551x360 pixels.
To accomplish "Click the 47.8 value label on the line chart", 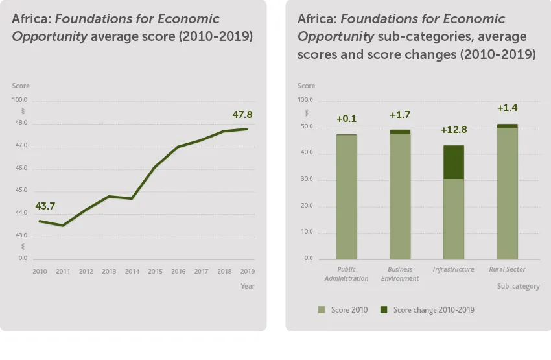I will point(242,115).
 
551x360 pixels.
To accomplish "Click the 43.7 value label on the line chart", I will point(45,206).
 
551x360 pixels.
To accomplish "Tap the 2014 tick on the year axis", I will point(132,271).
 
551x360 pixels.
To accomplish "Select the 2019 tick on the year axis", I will point(247,271).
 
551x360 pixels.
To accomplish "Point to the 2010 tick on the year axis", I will point(40,271).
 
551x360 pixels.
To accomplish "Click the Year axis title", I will point(248,286).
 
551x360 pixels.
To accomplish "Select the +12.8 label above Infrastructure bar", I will point(453,130).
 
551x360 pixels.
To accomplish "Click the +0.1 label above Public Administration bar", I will point(346,119).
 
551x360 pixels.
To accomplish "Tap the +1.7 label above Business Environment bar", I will point(399,115).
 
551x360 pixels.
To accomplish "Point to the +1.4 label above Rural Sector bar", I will point(507,108).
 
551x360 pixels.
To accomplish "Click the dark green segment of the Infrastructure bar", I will point(453,162).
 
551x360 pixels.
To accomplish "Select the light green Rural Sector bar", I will point(507,193).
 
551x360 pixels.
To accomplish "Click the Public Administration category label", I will point(346,274).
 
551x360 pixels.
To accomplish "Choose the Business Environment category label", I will point(400,274).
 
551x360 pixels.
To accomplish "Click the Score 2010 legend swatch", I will point(322,310).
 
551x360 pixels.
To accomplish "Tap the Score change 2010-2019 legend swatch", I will point(384,310).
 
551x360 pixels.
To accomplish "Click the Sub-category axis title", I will point(518,286).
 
